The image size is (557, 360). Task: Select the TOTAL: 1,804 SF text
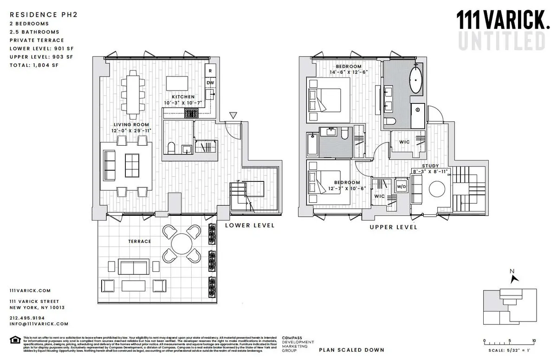[34, 65]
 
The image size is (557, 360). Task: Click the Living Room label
[132, 125]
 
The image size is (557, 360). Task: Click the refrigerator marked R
[210, 71]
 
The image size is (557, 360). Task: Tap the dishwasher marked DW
[210, 83]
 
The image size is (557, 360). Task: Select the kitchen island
[178, 83]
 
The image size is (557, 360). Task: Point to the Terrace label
[140, 241]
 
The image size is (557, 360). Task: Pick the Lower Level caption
[249, 225]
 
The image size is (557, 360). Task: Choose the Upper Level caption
[393, 227]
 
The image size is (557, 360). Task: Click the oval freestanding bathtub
[415, 80]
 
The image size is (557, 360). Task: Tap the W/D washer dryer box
[401, 187]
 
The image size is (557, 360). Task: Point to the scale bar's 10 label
[534, 340]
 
